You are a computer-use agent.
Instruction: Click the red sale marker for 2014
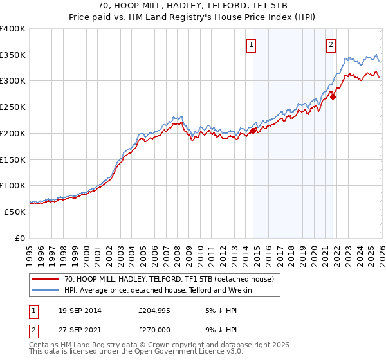tap(253, 130)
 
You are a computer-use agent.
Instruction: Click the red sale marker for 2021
tap(333, 96)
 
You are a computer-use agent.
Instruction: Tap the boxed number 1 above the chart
tap(250, 45)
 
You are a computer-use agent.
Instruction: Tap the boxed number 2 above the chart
tap(330, 45)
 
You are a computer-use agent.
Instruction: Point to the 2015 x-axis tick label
tap(256, 253)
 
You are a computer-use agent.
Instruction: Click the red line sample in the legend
tap(46, 279)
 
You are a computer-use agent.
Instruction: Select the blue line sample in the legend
tap(46, 290)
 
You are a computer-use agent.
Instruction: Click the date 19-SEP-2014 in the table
tap(77, 310)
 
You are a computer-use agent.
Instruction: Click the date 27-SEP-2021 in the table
tap(77, 329)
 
